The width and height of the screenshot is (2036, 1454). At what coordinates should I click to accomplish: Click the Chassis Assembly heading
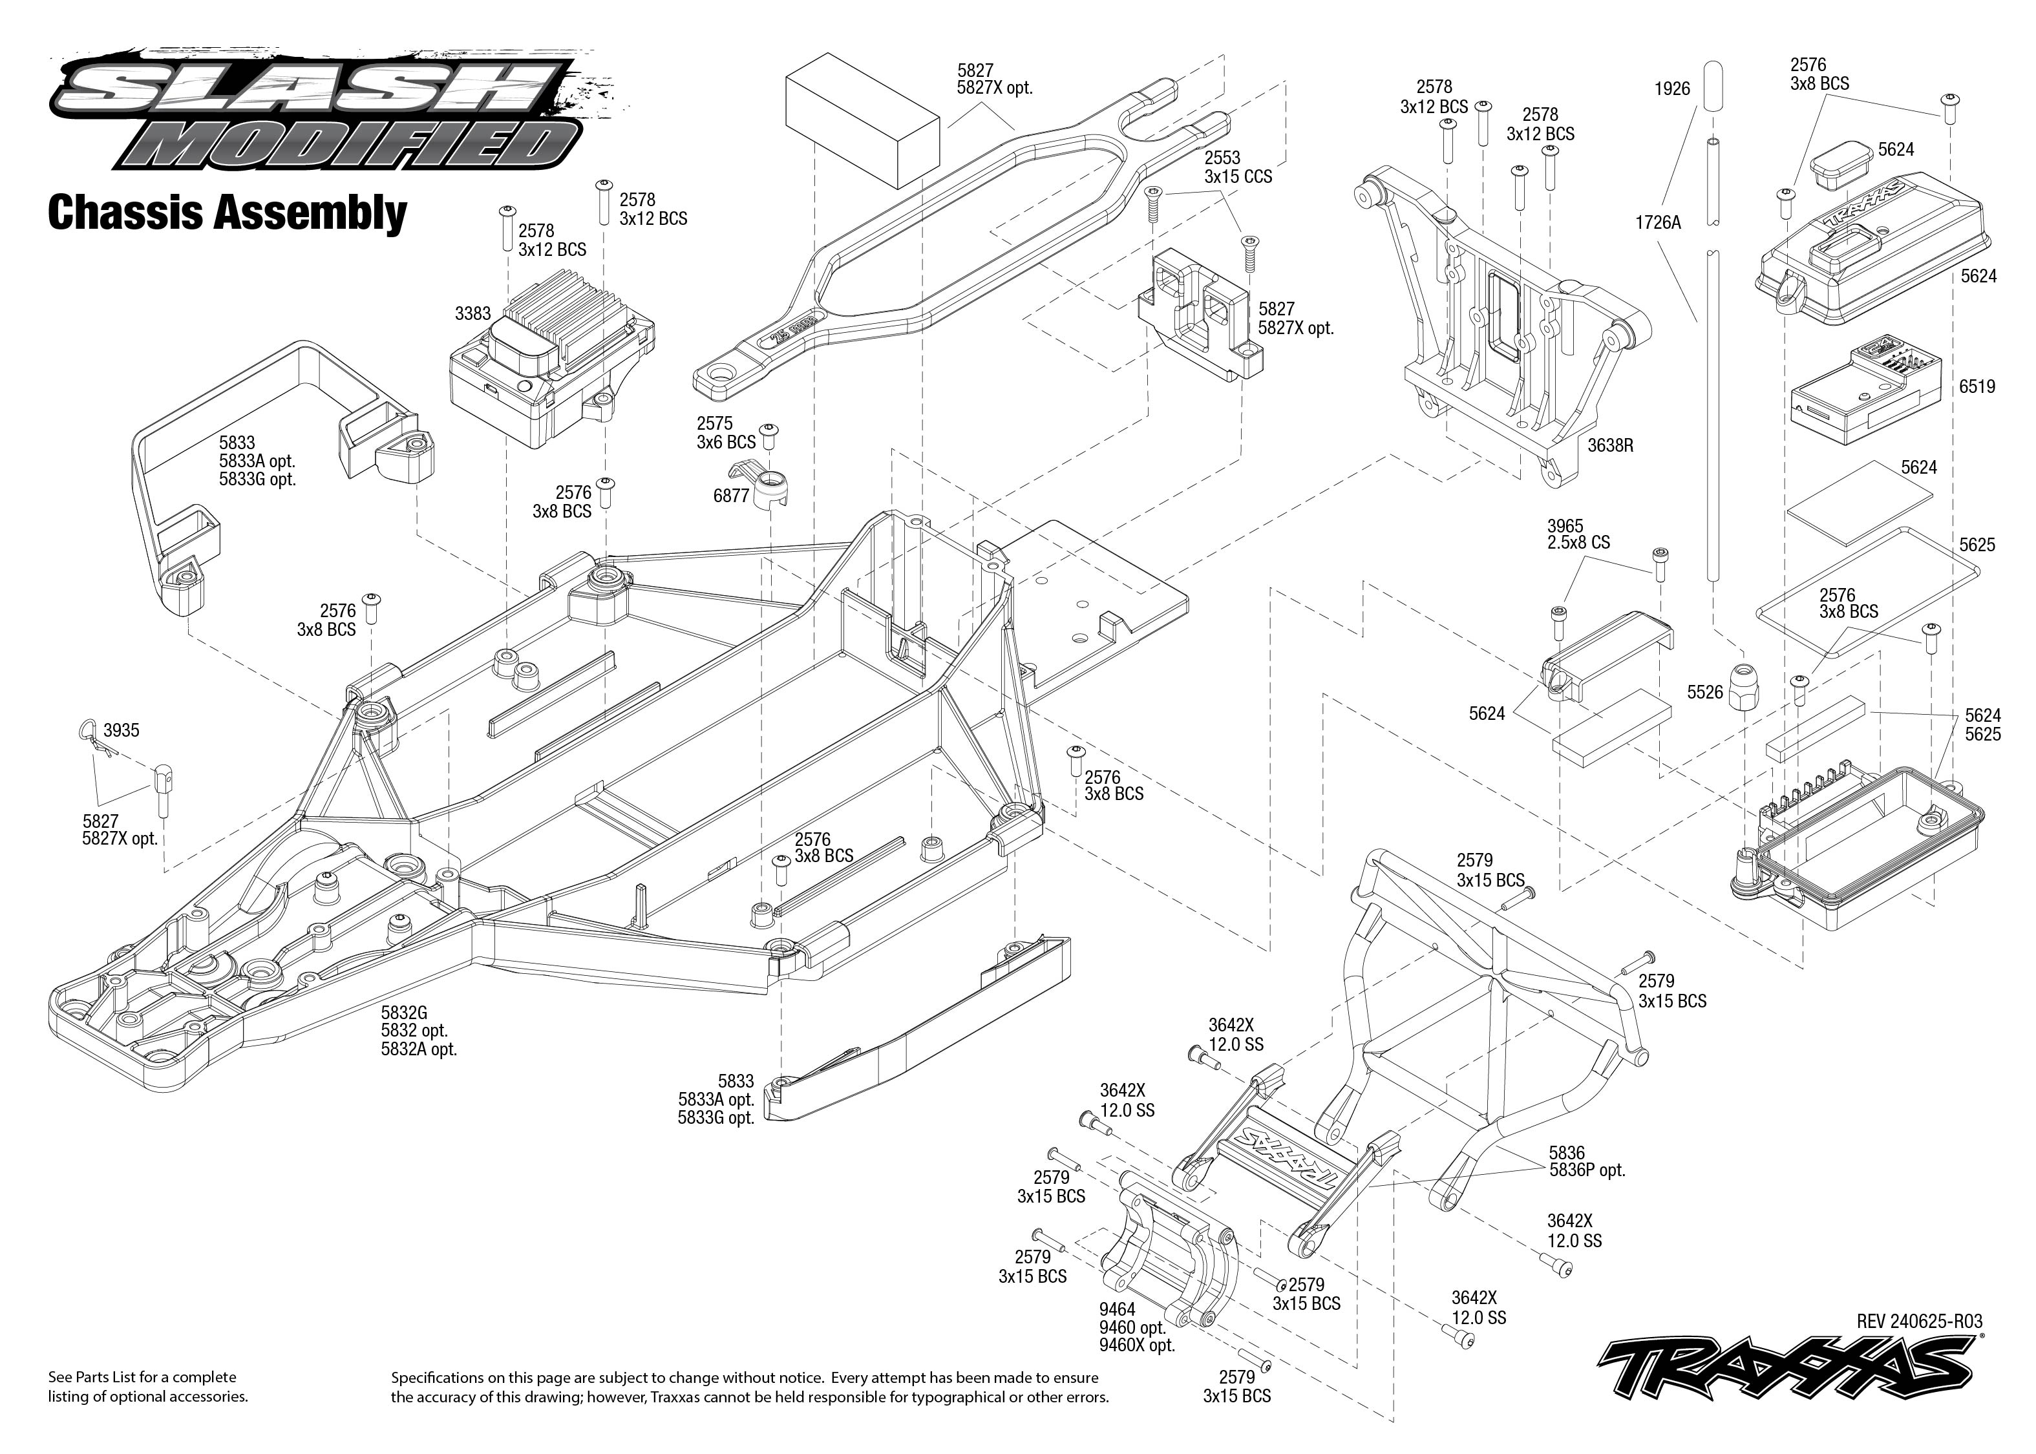click(228, 213)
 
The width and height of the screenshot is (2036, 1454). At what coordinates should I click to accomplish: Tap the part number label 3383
click(472, 313)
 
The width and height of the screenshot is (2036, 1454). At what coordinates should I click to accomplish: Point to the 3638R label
click(1611, 445)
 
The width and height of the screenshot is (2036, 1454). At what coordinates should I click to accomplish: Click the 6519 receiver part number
click(1977, 387)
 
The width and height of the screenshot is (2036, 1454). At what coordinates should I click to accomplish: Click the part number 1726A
click(1658, 222)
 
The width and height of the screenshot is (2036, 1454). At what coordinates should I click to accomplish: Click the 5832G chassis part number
click(404, 1013)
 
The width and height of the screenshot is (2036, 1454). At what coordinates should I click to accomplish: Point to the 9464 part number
click(1118, 1310)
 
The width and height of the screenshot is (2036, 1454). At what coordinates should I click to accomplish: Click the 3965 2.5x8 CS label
click(1578, 534)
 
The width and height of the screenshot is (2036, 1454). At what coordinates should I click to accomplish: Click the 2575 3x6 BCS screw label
click(726, 432)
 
